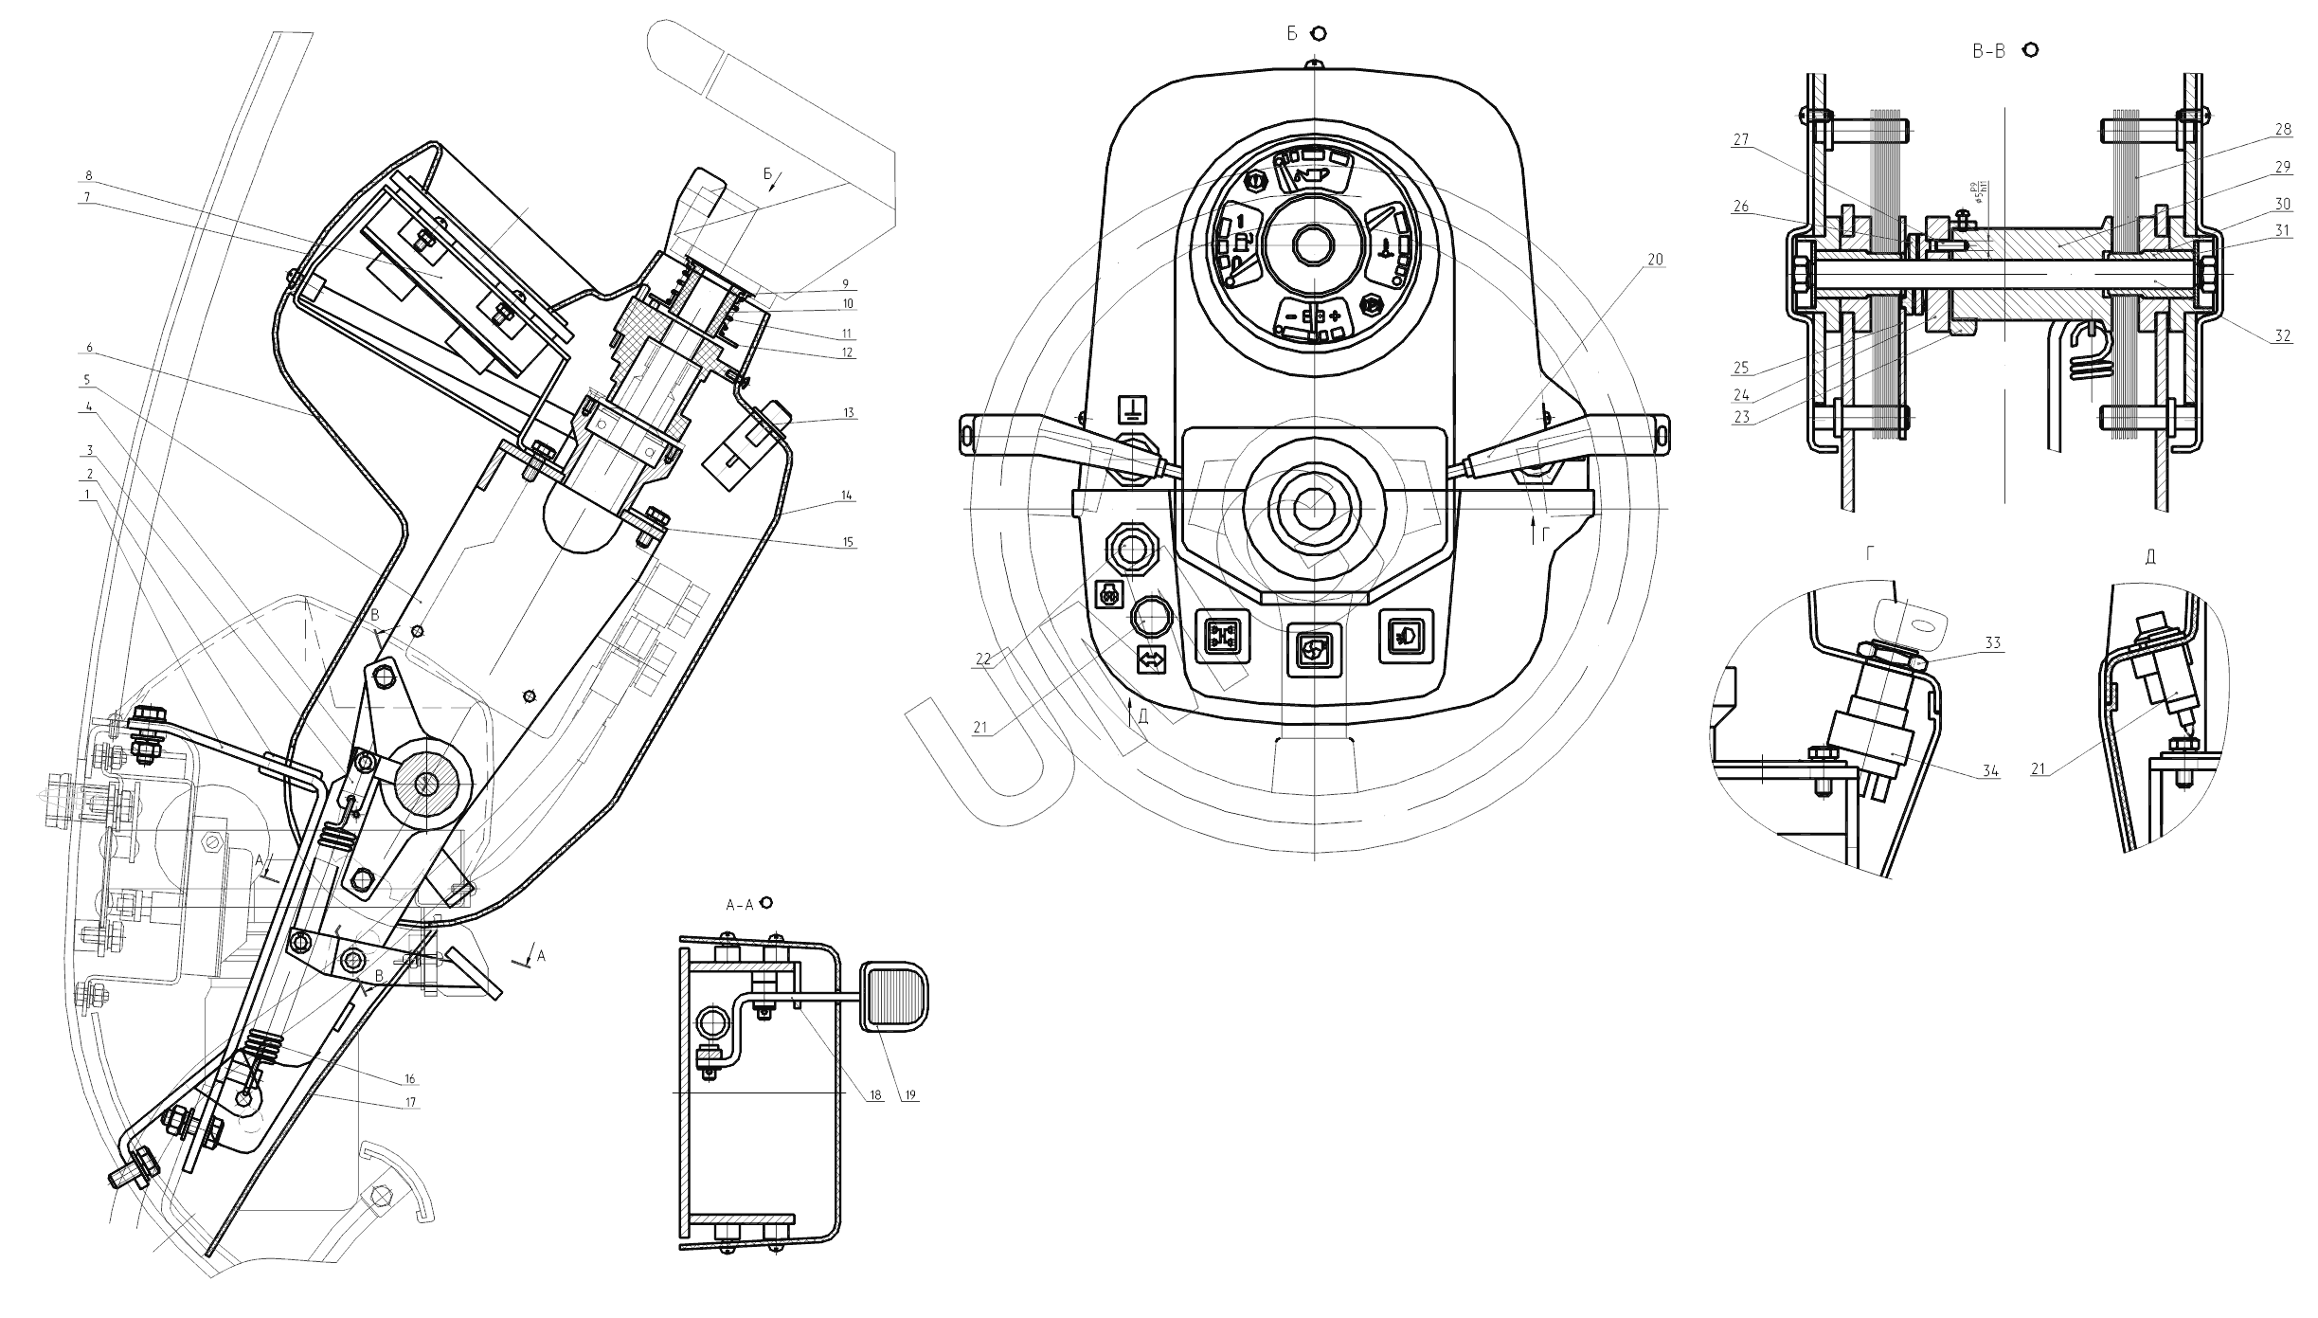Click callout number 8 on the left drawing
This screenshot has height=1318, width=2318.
(88, 175)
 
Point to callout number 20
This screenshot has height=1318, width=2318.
(1655, 259)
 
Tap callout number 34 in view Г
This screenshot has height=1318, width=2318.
(1990, 771)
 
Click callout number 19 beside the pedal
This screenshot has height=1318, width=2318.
(910, 1095)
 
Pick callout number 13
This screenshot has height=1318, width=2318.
(849, 412)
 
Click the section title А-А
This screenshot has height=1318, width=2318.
(739, 905)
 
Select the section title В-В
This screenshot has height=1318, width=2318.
(1988, 52)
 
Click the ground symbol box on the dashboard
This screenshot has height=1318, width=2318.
(1133, 409)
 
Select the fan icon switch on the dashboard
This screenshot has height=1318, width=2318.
(1314, 649)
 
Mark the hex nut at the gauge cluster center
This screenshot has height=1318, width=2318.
(1314, 245)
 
